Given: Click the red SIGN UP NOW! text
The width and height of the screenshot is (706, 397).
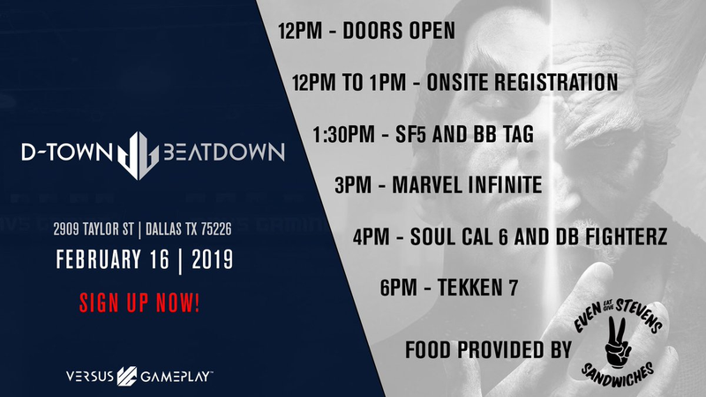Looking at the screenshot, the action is point(139,303).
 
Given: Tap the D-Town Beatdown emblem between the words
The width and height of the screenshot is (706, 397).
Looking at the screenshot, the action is point(138,155).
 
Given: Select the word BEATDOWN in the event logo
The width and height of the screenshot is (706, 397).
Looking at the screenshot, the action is point(224,152).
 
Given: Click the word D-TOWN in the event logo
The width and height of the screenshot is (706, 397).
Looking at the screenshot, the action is point(67,152).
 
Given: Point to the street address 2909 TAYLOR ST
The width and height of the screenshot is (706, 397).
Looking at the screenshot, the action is point(94,229).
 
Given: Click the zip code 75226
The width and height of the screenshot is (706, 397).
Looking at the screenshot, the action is point(216,229).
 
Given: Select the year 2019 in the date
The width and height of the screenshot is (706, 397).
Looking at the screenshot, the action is point(213,259).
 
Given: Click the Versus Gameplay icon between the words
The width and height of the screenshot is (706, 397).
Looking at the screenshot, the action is point(127,377).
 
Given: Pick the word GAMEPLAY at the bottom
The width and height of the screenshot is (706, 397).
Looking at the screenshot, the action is point(176,377).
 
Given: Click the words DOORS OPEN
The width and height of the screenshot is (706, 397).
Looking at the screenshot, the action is point(399,31).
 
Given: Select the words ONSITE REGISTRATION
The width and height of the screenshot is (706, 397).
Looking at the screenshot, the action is point(522,82).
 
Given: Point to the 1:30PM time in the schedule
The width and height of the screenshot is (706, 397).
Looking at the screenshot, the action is point(343,134).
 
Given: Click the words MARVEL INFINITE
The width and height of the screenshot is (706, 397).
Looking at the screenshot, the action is point(467,185).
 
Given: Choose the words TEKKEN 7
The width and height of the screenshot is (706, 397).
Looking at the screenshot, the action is point(477,288).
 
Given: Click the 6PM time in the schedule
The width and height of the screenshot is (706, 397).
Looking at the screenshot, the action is point(399,288).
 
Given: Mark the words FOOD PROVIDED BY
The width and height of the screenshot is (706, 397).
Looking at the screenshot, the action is point(489,350).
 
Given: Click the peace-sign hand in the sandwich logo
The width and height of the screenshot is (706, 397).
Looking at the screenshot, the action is point(618,342).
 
